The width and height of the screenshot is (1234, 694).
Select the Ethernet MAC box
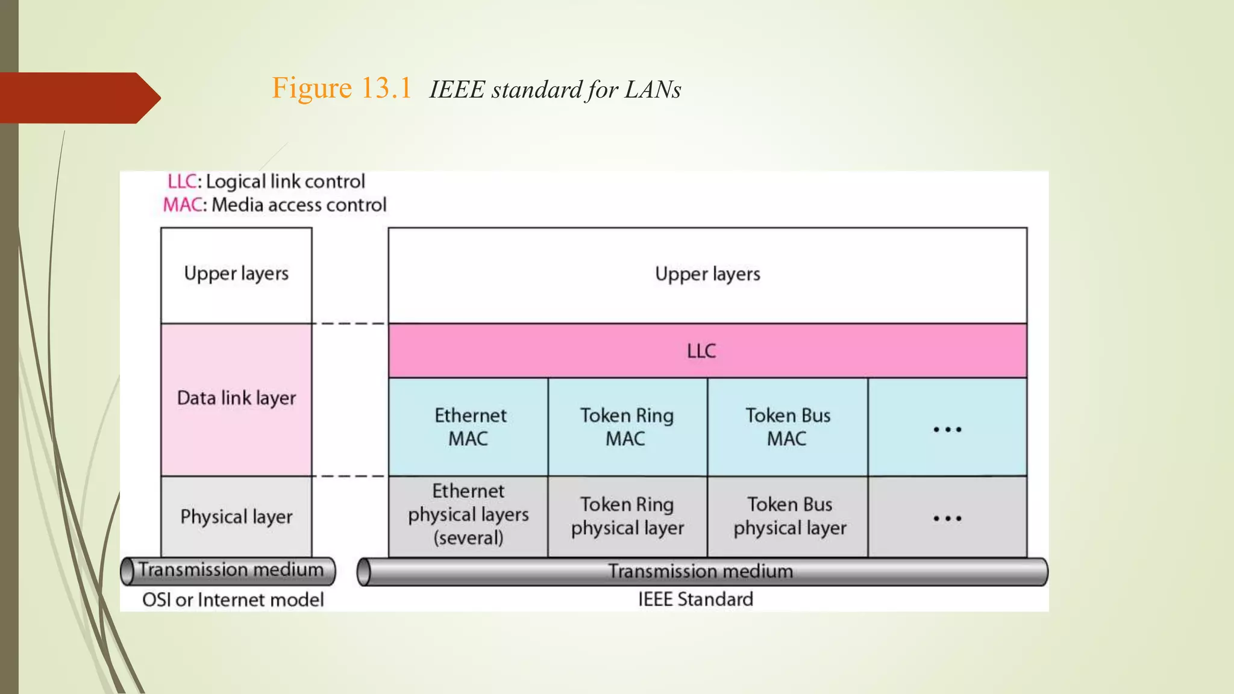pos(469,427)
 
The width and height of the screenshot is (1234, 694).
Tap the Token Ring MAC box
pos(627,427)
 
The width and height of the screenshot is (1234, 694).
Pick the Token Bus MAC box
pos(788,427)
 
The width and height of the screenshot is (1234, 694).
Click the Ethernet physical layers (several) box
pos(468,515)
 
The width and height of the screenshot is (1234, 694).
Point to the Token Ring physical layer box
pos(627,516)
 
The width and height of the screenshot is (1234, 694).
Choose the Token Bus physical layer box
pos(789,516)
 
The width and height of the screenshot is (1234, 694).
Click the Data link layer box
pos(236,399)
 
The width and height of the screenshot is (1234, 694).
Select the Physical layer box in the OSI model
pos(236,517)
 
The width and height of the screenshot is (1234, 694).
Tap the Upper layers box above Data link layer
pos(236,274)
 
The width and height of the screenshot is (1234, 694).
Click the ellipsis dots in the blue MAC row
pos(947,430)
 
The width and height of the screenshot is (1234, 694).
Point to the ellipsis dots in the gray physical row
pos(947,518)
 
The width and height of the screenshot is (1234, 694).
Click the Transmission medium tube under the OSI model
pos(229,571)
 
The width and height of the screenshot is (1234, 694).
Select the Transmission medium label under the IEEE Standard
pos(700,571)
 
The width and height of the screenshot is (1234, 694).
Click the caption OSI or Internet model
pos(233,600)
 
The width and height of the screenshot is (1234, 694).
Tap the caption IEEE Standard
pos(695,599)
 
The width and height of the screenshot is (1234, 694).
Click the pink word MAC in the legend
pos(182,205)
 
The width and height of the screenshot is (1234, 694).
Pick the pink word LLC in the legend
pos(182,181)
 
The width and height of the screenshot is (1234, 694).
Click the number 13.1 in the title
pos(386,89)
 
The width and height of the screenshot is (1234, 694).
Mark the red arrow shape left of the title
pos(78,98)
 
